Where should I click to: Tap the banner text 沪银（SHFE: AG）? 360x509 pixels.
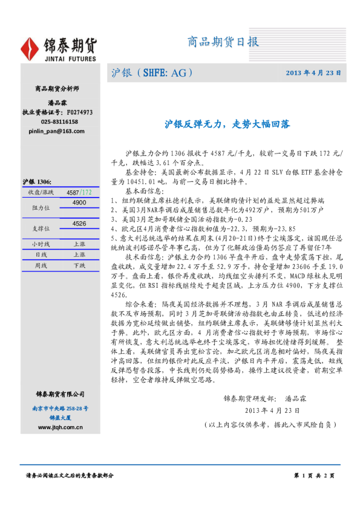152,73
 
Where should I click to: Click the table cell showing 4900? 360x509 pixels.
79,203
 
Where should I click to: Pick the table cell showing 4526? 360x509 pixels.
79,224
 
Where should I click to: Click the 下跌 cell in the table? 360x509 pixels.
79,265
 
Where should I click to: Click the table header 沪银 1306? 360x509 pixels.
38,182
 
